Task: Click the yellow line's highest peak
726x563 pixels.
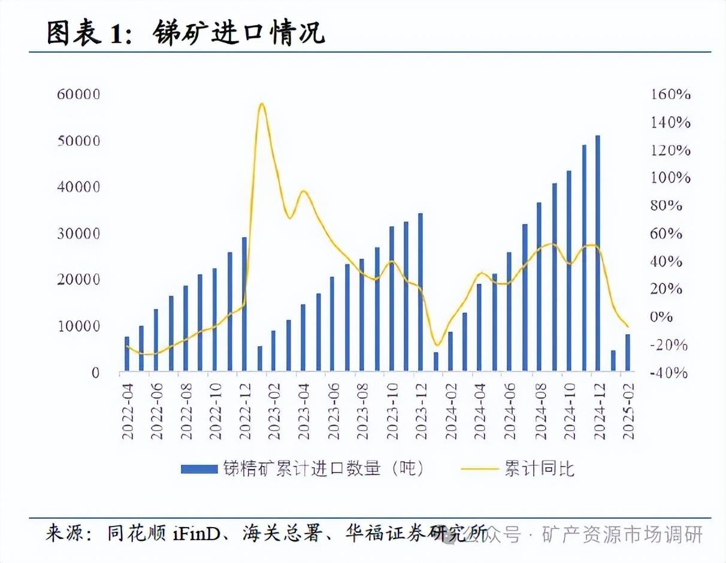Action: pyautogui.click(x=261, y=104)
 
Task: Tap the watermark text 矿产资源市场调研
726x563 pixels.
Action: pyautogui.click(x=622, y=534)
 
